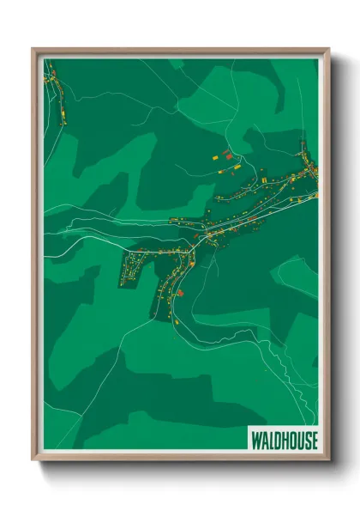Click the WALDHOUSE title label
coord(284,441)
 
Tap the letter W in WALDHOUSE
coord(255,441)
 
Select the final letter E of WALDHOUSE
coord(314,441)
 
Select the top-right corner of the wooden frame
coord(328,49)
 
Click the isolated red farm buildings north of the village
coord(226,154)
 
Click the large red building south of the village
coord(180,293)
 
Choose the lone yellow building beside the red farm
coord(215,158)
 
